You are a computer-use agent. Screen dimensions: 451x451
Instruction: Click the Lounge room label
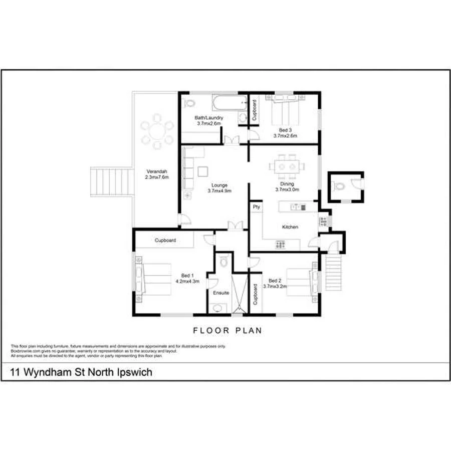point(219,185)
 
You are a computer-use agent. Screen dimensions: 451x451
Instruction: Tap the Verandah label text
point(157,170)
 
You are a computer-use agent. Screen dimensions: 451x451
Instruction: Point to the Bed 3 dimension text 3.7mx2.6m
point(285,136)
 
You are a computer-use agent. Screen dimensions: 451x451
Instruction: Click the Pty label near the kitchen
point(257,206)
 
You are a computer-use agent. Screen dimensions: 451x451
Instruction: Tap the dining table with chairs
point(287,167)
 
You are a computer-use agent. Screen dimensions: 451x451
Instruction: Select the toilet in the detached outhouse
point(340,186)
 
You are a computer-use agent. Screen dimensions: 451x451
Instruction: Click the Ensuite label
point(221,293)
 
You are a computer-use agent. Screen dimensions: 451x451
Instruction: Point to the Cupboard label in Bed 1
point(165,241)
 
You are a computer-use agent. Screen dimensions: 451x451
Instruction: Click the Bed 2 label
point(274,281)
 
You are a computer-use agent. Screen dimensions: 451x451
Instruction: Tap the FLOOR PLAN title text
point(228,331)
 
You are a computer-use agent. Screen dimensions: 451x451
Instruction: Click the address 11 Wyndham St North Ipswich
point(81,372)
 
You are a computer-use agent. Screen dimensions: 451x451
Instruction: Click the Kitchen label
point(290,227)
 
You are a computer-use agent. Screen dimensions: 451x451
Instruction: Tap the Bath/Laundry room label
point(209,118)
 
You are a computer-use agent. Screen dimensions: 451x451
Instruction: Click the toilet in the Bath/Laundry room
point(189,104)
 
